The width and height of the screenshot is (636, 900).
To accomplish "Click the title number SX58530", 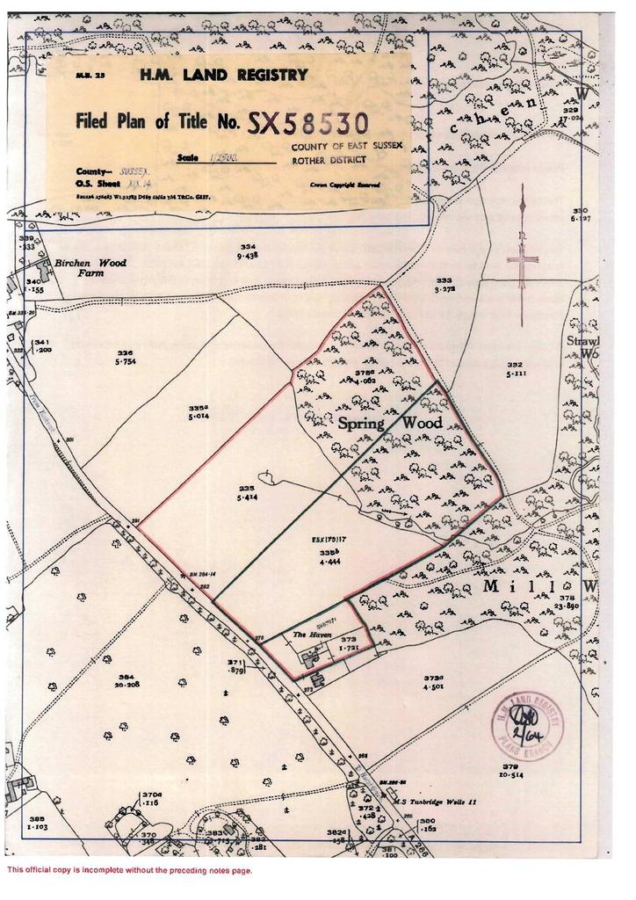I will tap(307, 123).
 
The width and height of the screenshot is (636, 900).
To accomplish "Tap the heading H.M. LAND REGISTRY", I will tap(224, 76).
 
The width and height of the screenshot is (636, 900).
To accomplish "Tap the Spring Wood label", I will tap(390, 425).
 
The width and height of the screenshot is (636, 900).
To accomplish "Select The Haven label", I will tap(309, 634).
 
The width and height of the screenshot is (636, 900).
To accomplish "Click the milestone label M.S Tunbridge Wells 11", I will tap(436, 802).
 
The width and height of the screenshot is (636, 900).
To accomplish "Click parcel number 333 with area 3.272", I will tap(444, 284).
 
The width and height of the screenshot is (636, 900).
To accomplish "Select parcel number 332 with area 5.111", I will tap(514, 368).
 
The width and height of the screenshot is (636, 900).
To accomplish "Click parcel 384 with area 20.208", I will tap(130, 680).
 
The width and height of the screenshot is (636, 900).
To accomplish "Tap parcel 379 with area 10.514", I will tap(510, 771).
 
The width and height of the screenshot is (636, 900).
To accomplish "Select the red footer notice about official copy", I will tap(129, 870).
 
